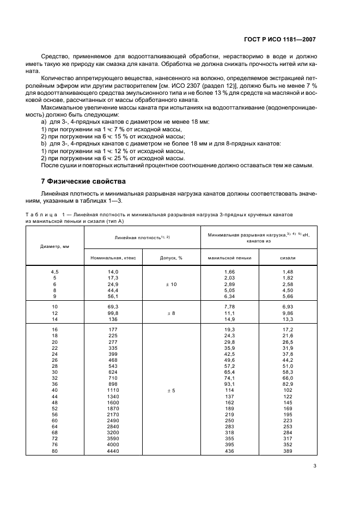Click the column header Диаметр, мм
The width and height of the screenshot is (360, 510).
click(x=54, y=246)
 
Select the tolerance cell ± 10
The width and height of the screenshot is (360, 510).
click(x=171, y=284)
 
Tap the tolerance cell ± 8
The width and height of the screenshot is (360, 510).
click(x=171, y=314)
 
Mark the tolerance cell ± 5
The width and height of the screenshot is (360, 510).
click(x=171, y=390)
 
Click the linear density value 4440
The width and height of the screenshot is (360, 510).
click(x=113, y=451)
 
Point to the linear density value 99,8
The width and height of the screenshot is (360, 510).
click(x=113, y=314)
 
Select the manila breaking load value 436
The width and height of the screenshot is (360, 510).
click(x=229, y=451)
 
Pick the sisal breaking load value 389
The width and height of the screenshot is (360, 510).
click(x=288, y=451)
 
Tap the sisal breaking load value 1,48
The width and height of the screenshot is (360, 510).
click(x=288, y=271)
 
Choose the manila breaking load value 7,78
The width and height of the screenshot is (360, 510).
click(x=229, y=307)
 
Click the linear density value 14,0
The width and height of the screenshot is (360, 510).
click(x=113, y=271)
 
